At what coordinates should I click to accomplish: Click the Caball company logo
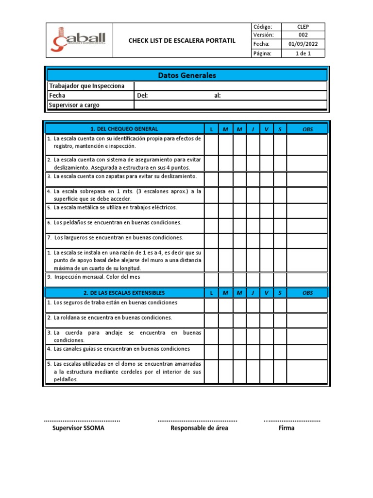pyautogui.click(x=79, y=40)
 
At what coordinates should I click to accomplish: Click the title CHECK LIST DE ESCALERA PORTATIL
pyautogui.click(x=182, y=40)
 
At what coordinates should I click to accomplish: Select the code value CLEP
pyautogui.click(x=303, y=27)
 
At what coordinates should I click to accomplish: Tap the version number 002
pyautogui.click(x=303, y=36)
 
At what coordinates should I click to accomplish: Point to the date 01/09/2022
pyautogui.click(x=303, y=44)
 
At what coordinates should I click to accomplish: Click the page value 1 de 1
pyautogui.click(x=303, y=53)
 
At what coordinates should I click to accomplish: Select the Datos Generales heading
pyautogui.click(x=187, y=75)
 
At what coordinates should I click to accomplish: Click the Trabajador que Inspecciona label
pyautogui.click(x=86, y=86)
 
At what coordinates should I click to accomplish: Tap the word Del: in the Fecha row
pyautogui.click(x=142, y=95)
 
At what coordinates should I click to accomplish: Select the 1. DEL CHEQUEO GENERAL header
pyautogui.click(x=124, y=129)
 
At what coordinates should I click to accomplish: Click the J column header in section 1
pyautogui.click(x=253, y=129)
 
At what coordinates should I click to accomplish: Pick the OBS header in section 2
pyautogui.click(x=307, y=293)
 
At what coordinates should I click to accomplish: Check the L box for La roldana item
pyautogui.click(x=211, y=320)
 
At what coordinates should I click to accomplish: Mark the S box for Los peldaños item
pyautogui.click(x=280, y=225)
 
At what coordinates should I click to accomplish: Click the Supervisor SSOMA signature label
pyautogui.click(x=78, y=428)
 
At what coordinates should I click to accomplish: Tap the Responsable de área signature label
pyautogui.click(x=199, y=428)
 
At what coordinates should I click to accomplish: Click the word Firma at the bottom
pyautogui.click(x=287, y=428)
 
